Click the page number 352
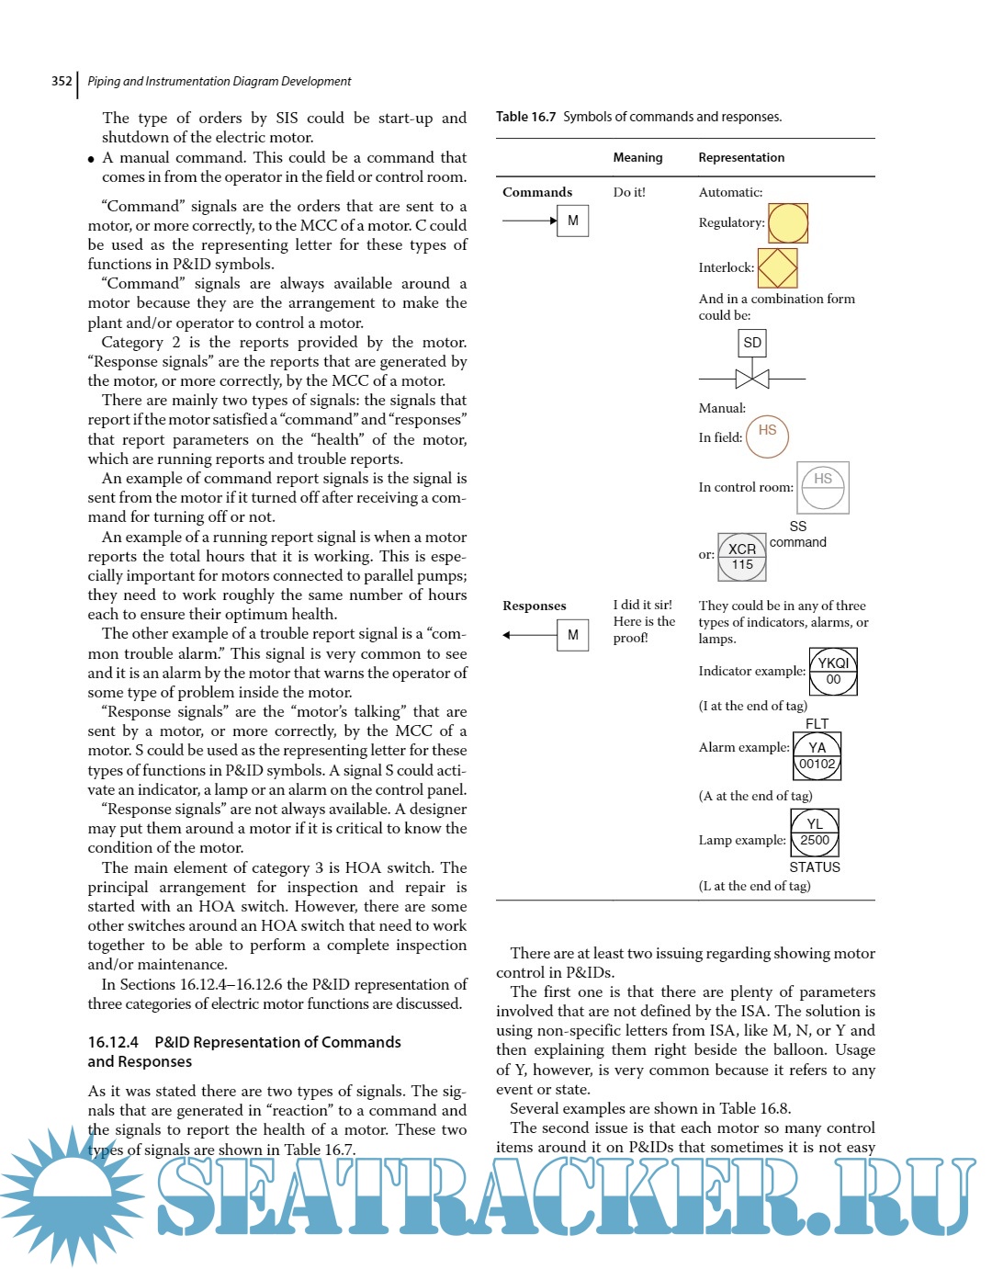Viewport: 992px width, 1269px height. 62,81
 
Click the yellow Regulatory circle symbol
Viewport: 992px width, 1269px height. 787,223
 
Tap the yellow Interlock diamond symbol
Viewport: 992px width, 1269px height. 777,267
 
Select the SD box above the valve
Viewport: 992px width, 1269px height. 752,343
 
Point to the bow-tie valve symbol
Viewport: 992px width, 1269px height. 752,378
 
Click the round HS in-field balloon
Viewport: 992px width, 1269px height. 767,436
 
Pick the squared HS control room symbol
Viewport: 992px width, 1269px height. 823,487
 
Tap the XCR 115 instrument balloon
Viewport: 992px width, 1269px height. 742,557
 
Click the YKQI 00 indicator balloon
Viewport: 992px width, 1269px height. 833,671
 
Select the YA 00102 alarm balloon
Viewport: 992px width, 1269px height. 817,755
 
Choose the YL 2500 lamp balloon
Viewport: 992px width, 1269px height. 815,833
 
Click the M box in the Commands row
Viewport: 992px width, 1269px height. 573,221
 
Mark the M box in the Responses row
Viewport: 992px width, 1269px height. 573,635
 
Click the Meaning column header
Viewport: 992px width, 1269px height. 637,157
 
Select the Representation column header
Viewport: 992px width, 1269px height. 741,157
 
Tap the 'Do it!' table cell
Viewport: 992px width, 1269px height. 629,192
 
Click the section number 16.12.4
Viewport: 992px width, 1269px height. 113,1042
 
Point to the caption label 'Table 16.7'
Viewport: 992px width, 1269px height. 526,117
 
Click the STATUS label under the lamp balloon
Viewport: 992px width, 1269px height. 815,867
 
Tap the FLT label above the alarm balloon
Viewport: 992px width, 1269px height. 817,724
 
